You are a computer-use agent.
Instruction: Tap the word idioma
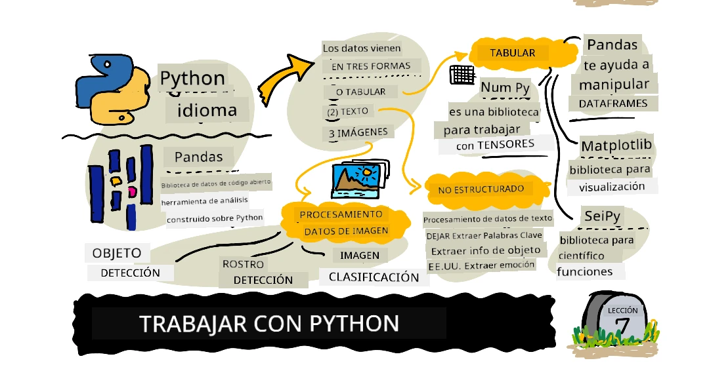206,109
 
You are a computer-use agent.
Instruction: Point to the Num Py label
505,87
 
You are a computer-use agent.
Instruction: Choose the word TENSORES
505,144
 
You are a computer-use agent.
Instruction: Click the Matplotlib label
616,145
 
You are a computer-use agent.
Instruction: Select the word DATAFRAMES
613,104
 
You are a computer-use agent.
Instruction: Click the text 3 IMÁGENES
358,132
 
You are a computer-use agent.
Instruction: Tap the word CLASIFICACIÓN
374,277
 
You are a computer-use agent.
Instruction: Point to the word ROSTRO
243,265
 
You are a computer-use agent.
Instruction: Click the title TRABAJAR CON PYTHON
269,324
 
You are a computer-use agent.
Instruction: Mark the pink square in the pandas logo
132,192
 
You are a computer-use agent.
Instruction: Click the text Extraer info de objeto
486,250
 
